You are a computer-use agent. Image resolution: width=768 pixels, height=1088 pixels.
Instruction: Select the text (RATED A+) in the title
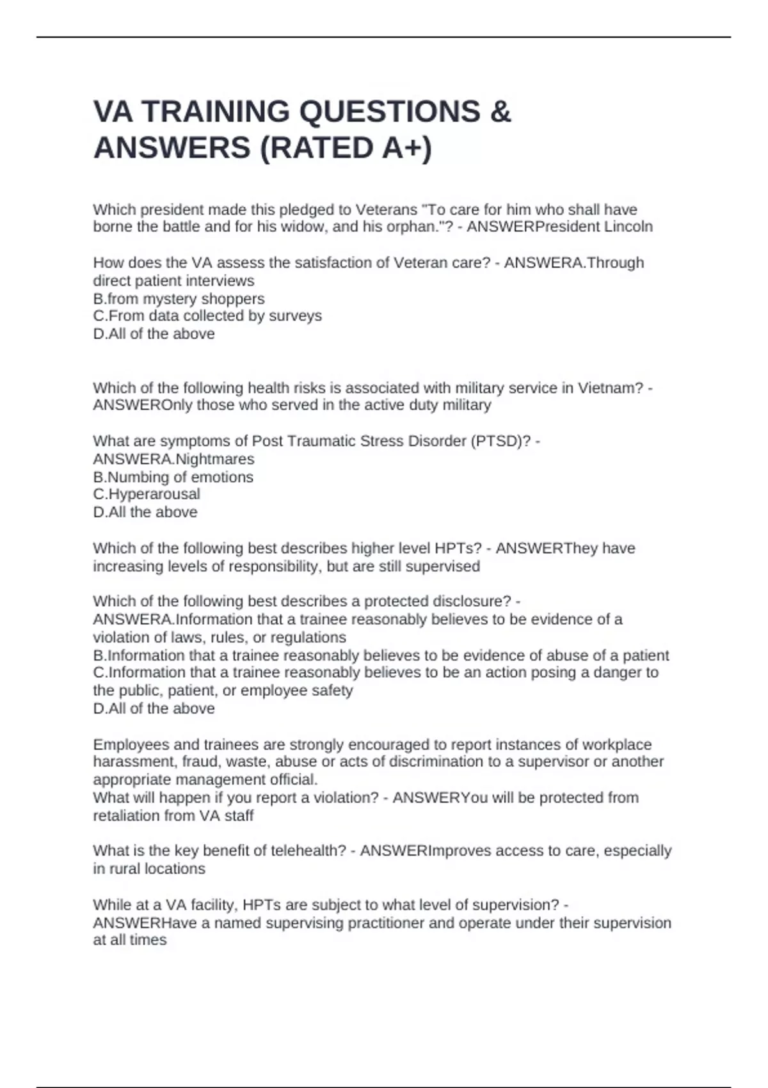click(346, 148)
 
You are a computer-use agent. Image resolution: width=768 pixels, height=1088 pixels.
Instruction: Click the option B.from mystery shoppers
click(179, 299)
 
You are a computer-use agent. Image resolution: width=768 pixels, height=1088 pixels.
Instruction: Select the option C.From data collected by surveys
click(207, 316)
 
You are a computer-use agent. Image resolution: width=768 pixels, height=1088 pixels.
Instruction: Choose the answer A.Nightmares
click(173, 460)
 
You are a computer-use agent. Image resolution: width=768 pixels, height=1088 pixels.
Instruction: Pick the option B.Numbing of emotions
click(173, 477)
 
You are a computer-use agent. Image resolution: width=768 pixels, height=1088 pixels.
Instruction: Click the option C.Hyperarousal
click(147, 495)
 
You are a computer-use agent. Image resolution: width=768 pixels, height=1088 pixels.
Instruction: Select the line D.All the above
click(145, 513)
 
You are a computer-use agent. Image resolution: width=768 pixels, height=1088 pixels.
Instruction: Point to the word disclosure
click(472, 602)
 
